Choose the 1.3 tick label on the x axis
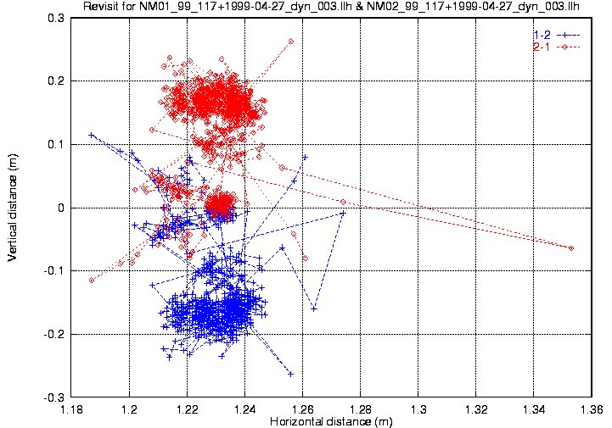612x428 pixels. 419,409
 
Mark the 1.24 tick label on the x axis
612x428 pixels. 244,409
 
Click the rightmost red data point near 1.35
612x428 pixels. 571,248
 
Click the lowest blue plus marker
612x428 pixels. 291,374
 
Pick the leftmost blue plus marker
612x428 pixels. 91,135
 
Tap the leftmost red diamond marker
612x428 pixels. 91,280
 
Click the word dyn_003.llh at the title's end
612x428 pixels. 559,8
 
